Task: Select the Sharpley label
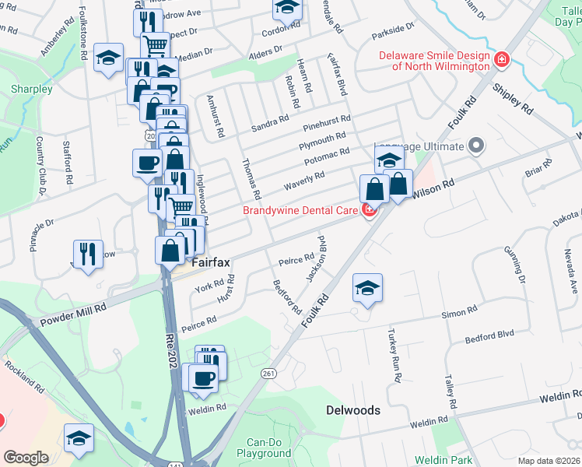pyautogui.click(x=31, y=89)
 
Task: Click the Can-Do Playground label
pyautogui.click(x=264, y=448)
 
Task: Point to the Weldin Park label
pyautogui.click(x=444, y=460)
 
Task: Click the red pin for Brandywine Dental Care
pyautogui.click(x=370, y=209)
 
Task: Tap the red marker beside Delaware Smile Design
pyautogui.click(x=502, y=58)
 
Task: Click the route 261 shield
pyautogui.click(x=269, y=374)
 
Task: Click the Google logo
pyautogui.click(x=26, y=457)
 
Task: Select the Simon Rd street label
pyautogui.click(x=459, y=312)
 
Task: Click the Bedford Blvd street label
pyautogui.click(x=490, y=333)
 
